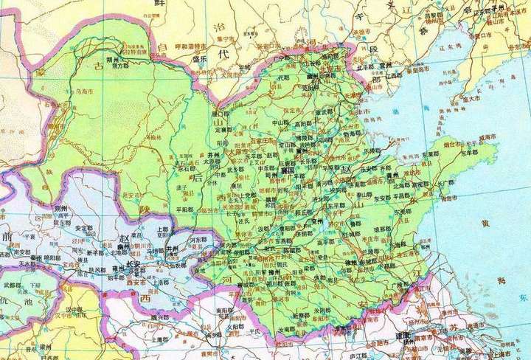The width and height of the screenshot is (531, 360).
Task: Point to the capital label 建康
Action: [405, 335]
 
